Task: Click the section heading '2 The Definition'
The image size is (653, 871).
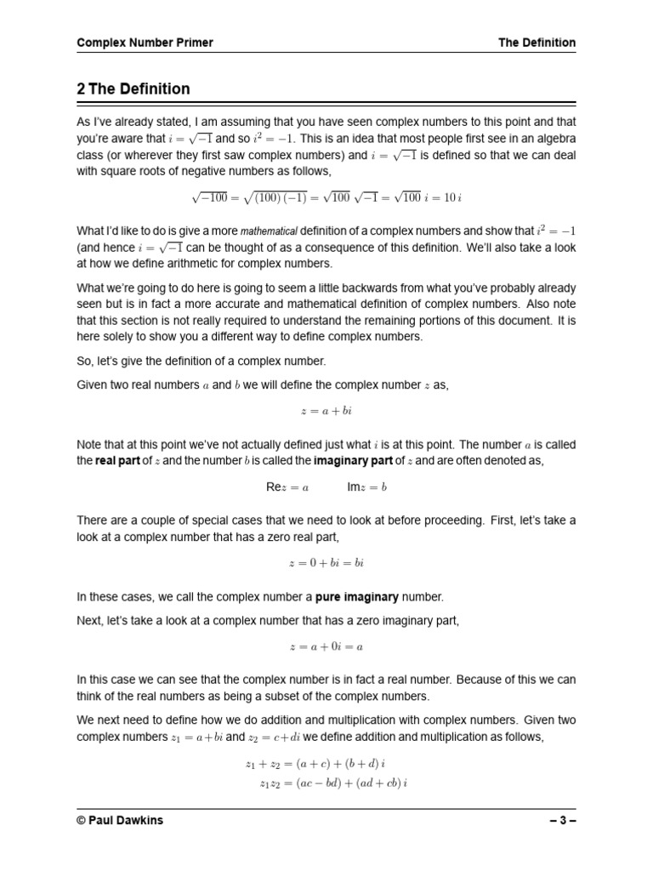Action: (x=133, y=89)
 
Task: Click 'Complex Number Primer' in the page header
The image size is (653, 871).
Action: (x=145, y=43)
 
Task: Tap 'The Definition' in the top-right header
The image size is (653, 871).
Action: (x=537, y=43)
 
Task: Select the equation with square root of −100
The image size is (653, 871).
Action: (x=326, y=198)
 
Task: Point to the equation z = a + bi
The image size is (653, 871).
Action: (x=326, y=411)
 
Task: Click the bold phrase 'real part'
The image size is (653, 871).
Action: (x=116, y=460)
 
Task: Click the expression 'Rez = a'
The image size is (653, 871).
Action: (x=287, y=487)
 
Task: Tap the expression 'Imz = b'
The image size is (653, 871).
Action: (x=366, y=487)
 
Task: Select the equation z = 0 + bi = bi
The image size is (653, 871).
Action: (x=326, y=563)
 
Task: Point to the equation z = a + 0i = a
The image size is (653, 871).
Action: (x=326, y=647)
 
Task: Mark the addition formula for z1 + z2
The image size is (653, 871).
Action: (x=315, y=763)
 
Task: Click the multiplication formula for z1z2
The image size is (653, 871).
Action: (x=333, y=783)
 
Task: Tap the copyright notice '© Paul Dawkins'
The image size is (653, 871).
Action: (x=119, y=822)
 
